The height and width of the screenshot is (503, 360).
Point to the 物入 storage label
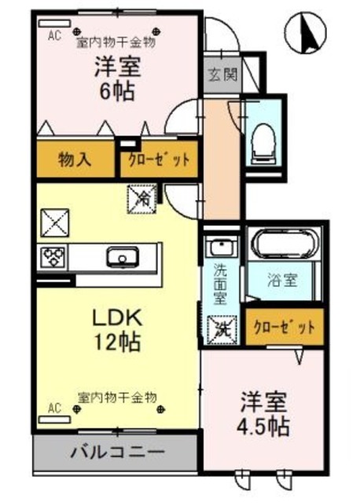coord(75,160)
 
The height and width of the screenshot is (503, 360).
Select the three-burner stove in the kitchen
coord(55,256)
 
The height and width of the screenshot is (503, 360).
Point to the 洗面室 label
coord(222,284)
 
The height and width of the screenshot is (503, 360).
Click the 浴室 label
coord(285,278)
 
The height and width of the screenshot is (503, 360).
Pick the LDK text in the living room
coord(116,319)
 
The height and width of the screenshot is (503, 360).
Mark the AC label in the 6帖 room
coord(55,35)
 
